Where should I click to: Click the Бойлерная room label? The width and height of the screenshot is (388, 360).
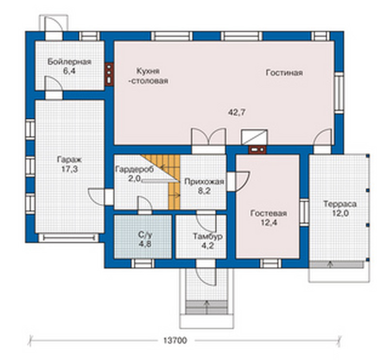point(69,62)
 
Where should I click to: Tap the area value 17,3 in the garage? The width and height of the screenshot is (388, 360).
point(69,170)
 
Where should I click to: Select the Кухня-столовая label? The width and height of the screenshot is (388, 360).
point(148,76)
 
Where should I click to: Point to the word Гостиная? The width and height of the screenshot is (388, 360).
point(284,73)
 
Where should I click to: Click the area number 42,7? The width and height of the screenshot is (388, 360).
point(237,112)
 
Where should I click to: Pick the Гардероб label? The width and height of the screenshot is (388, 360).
point(135,170)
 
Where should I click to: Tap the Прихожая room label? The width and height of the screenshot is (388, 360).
point(204,182)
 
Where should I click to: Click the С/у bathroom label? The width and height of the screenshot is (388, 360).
point(145,235)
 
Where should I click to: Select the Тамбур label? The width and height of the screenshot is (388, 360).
point(208,236)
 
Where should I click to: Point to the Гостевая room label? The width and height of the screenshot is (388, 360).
point(269,213)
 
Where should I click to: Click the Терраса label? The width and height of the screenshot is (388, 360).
point(340,204)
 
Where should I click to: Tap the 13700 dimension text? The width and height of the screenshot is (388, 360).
point(175,341)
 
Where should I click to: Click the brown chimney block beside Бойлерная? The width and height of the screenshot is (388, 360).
point(109,74)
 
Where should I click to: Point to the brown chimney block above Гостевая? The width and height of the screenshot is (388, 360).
point(258,150)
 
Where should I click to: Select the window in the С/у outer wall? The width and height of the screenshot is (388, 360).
point(143,264)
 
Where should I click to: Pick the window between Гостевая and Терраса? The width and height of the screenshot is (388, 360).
point(305,212)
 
